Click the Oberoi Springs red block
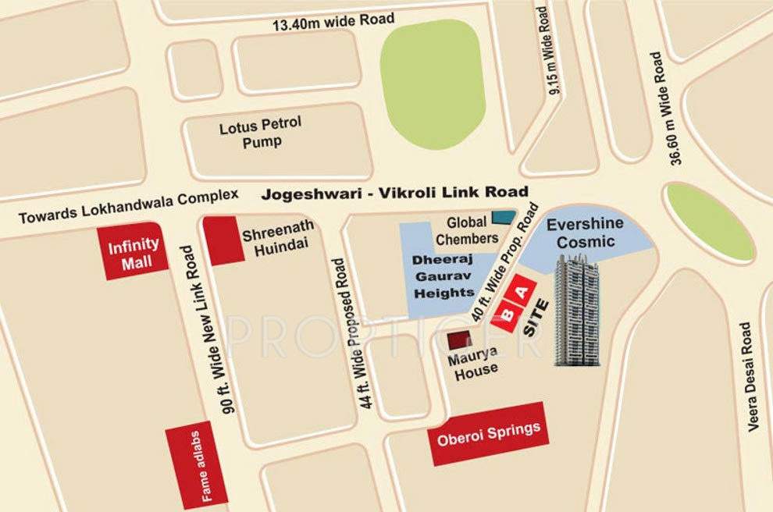coord(488,432)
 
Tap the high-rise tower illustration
coord(576,310)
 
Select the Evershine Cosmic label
coord(585,233)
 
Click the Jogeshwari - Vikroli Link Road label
coord(394,192)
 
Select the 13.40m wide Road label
coord(333,20)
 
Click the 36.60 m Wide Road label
coord(663,108)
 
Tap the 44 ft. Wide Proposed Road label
coord(357,324)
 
